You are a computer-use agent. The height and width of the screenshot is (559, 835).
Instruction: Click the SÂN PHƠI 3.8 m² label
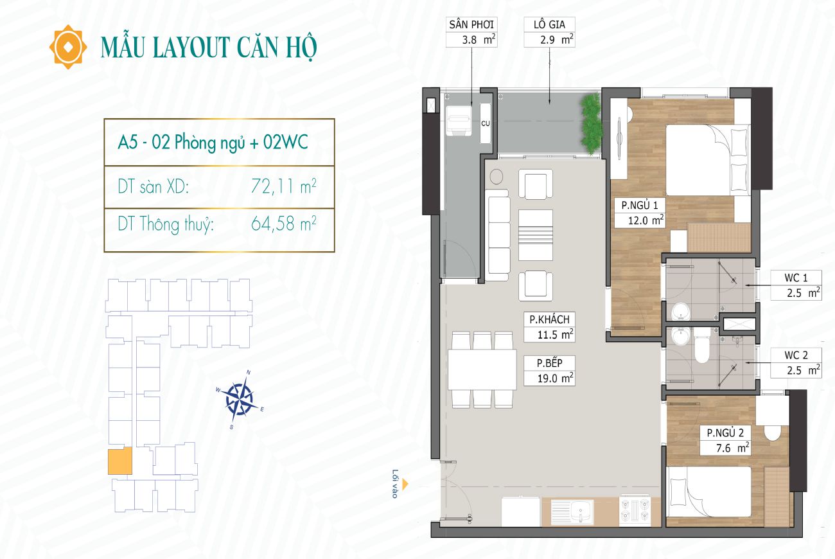(x=471, y=32)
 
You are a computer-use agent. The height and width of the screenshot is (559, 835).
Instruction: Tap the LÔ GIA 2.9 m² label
(x=549, y=32)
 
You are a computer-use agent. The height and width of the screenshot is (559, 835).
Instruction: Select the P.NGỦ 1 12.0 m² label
(x=640, y=213)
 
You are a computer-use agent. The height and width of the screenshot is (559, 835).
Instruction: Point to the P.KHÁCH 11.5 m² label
(x=549, y=327)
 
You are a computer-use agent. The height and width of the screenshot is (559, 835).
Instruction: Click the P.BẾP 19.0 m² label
(x=549, y=371)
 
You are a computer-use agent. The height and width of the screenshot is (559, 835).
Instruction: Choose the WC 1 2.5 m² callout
(x=796, y=285)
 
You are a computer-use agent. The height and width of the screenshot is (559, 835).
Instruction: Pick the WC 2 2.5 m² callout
(x=796, y=363)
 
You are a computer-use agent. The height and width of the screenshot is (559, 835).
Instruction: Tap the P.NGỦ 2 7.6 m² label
(x=725, y=440)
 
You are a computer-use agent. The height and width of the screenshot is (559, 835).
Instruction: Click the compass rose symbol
(x=240, y=400)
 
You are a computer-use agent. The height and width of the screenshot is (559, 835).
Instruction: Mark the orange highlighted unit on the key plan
(x=120, y=461)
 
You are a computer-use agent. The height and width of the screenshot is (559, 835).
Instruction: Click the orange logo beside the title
(x=68, y=48)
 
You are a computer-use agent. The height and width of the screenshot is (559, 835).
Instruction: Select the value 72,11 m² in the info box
(x=284, y=186)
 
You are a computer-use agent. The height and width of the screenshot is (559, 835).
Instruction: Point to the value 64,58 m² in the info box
(x=284, y=224)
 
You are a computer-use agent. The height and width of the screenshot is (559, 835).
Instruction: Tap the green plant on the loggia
(x=591, y=124)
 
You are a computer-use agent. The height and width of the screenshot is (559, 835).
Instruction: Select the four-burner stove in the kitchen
(x=635, y=510)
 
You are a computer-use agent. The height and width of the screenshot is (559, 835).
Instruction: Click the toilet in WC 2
(x=702, y=345)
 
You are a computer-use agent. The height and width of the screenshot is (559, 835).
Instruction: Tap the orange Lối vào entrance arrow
(x=405, y=484)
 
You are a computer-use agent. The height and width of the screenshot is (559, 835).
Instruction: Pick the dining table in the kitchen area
(x=482, y=369)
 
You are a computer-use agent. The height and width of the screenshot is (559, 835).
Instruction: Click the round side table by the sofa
(x=497, y=177)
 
